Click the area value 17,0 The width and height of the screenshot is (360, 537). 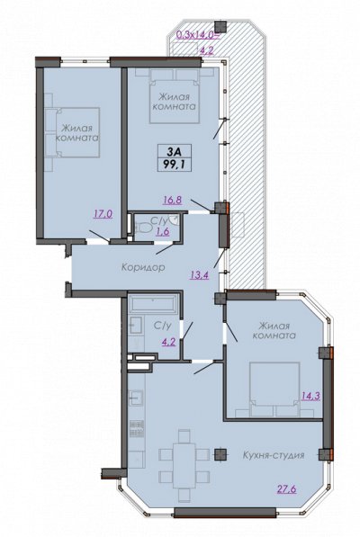103,214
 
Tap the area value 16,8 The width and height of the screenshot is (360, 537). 173,200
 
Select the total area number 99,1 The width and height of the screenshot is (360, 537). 175,165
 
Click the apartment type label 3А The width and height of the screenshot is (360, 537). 175,150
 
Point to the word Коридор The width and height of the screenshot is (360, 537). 143,267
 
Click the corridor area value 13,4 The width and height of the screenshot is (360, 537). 200,274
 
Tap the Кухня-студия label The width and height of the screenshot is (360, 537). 274,455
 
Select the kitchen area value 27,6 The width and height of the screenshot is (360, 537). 287,488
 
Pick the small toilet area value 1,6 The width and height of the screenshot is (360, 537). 163,231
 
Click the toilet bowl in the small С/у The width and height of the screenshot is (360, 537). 144,227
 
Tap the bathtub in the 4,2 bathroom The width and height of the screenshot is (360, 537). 153,303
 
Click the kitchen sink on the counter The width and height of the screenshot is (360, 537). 137,397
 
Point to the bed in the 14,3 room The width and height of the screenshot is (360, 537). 274,389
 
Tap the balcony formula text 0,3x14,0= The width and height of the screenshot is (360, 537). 195,34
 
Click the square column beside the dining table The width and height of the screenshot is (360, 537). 220,454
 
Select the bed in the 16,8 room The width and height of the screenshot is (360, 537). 175,95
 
